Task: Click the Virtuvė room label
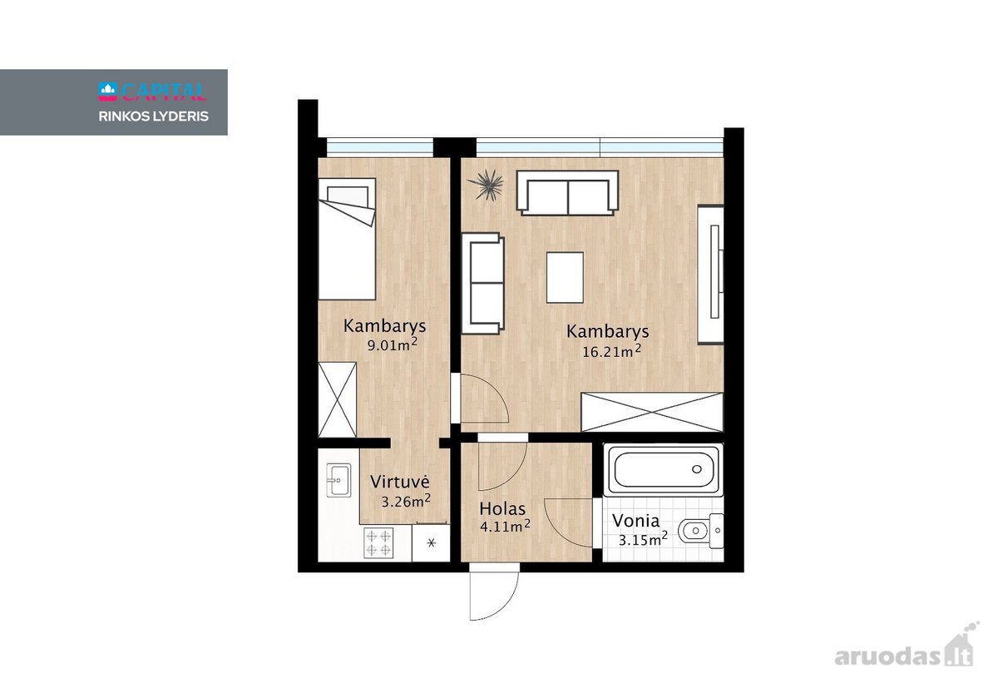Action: (400, 482)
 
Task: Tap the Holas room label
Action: (502, 508)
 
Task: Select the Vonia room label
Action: (635, 521)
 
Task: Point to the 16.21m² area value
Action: (612, 351)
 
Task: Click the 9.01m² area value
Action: (392, 344)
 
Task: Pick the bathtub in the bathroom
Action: (663, 469)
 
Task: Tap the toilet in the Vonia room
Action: (701, 531)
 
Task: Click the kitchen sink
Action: (338, 479)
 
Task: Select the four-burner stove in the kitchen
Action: (378, 542)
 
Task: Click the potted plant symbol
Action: (486, 185)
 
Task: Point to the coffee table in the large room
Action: (565, 277)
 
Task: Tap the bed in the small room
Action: (347, 239)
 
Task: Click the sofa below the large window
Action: (567, 192)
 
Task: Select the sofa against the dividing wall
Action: (483, 283)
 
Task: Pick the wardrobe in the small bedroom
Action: (338, 400)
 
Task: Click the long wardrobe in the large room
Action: (652, 413)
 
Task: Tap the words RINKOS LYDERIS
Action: (153, 116)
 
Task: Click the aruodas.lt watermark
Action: (904, 651)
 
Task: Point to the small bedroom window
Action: (380, 147)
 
